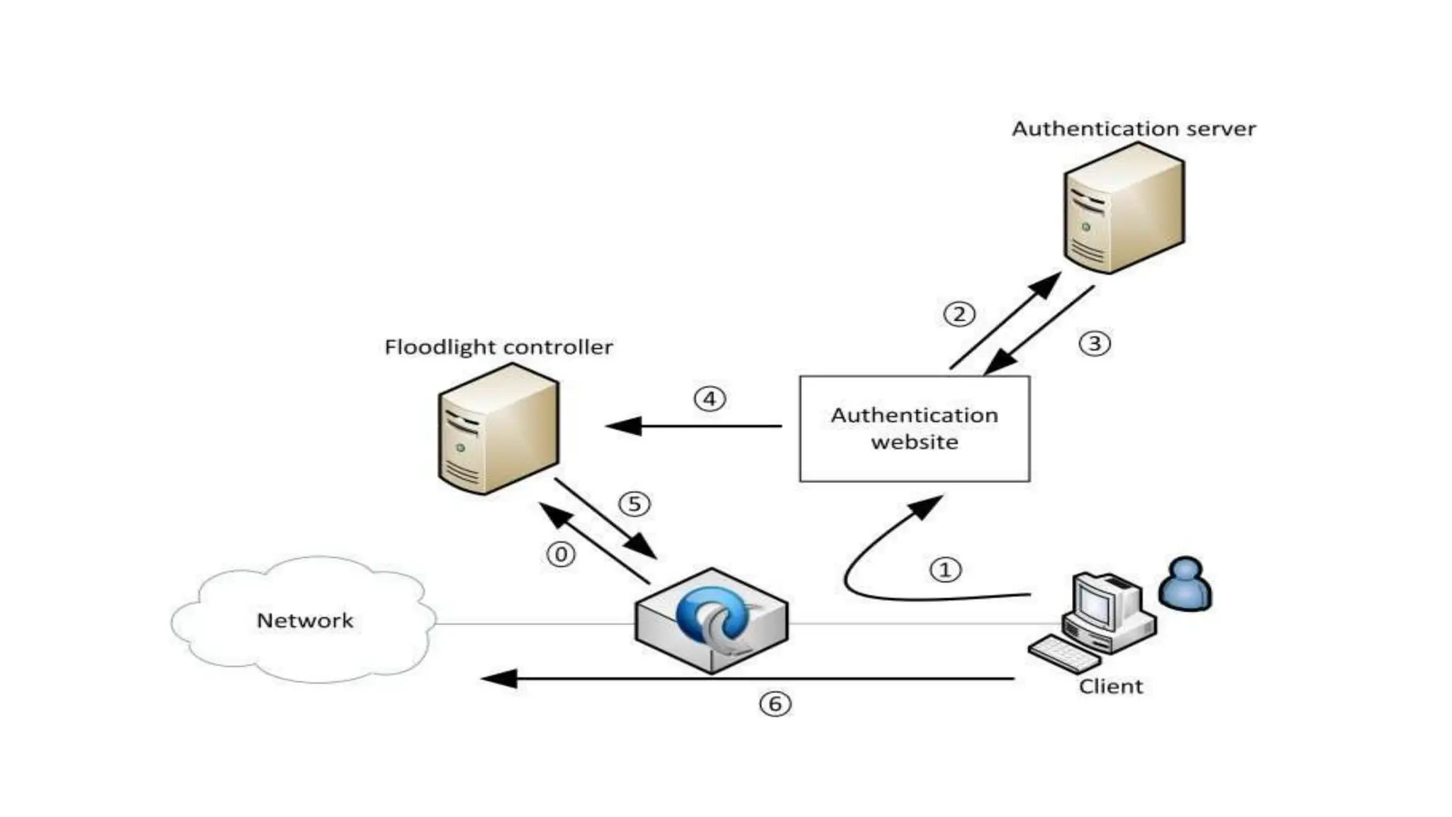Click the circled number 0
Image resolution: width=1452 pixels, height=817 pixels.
561,554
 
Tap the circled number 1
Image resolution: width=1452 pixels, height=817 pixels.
945,569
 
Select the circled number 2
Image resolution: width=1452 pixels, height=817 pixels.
959,313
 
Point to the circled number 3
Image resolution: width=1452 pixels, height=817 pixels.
1095,343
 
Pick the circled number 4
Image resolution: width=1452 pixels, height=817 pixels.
710,399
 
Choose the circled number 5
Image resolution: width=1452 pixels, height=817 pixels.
635,504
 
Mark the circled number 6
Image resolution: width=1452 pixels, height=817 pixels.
775,704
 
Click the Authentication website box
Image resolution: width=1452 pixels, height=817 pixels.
915,428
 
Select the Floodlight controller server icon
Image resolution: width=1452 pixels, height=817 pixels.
498,429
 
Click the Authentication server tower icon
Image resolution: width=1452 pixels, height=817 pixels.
1124,208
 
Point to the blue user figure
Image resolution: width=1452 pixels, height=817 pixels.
1185,584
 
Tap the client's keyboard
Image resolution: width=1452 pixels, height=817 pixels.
1063,654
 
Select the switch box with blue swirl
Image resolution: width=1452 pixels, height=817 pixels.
711,621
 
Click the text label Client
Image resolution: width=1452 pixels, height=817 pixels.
1111,687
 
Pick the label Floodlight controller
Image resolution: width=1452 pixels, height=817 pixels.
498,347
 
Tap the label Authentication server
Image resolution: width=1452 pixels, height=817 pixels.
1134,129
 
